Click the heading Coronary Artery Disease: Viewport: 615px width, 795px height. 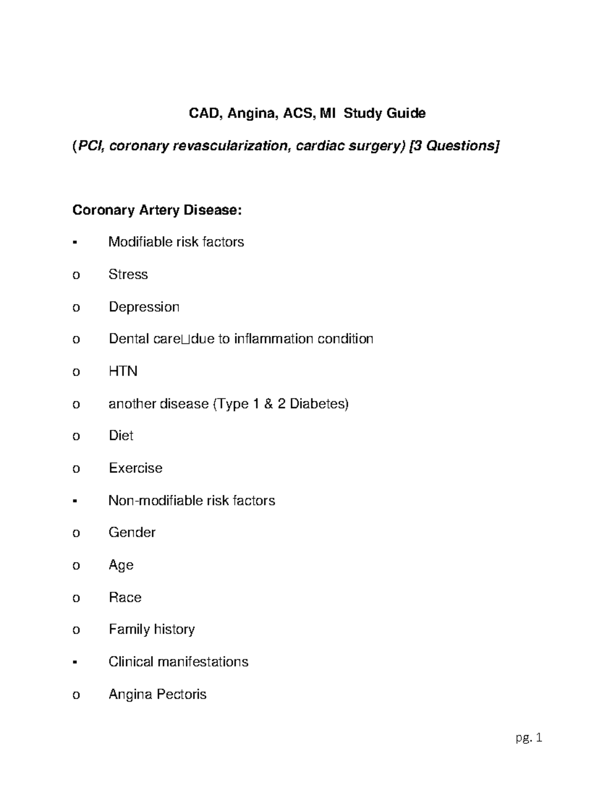(156, 210)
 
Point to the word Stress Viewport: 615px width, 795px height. (128, 274)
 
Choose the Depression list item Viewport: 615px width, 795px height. (144, 307)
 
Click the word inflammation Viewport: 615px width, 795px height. (274, 339)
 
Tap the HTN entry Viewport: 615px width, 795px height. (123, 371)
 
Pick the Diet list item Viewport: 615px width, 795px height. (121, 436)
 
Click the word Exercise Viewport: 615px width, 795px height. (135, 468)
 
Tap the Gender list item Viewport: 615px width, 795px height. (132, 532)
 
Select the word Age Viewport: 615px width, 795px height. (121, 565)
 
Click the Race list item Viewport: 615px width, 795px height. (125, 597)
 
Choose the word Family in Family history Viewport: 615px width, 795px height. (129, 629)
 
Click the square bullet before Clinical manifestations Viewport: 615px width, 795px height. (75, 662)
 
